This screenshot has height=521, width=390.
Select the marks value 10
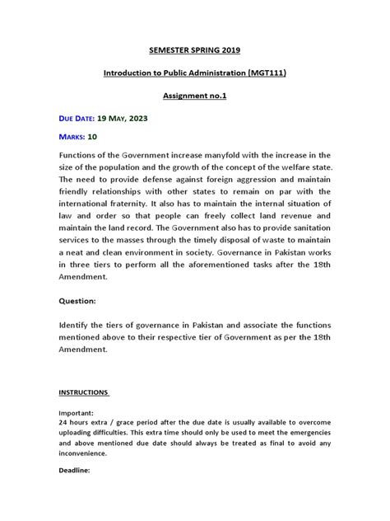pos(92,137)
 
